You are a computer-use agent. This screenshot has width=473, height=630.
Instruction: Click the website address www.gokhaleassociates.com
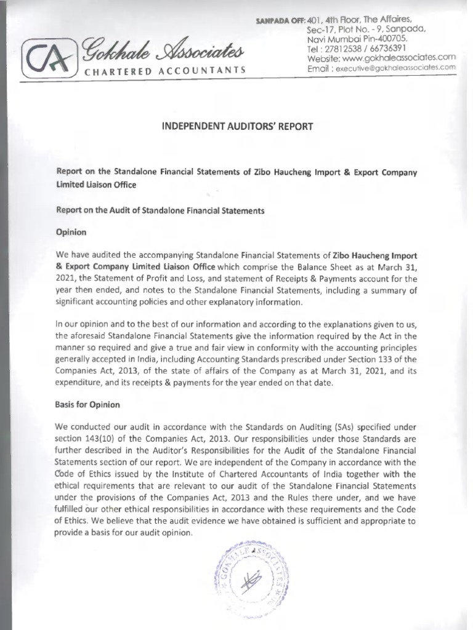tap(398, 57)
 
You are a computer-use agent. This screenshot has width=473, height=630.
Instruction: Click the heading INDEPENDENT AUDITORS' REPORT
tap(237, 127)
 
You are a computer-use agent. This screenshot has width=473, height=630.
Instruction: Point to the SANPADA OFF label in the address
tap(279, 22)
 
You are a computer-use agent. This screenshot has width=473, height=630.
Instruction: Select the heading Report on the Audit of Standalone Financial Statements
tap(160, 210)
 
